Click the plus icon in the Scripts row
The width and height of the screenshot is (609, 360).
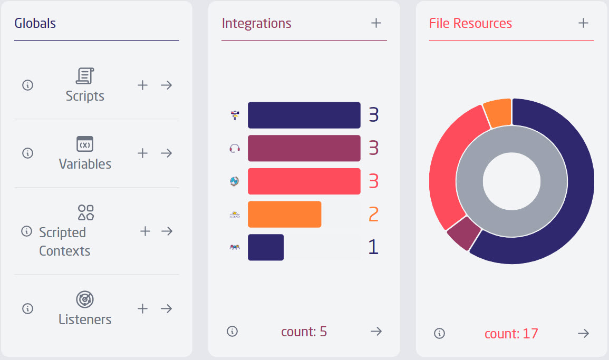click(x=142, y=85)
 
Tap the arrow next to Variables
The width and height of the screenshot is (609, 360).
click(x=167, y=153)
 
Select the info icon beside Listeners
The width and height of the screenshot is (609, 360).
click(x=28, y=308)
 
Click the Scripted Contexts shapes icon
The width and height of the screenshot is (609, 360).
click(x=85, y=212)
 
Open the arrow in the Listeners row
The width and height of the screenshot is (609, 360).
click(x=167, y=308)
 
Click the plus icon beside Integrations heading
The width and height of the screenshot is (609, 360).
click(x=376, y=23)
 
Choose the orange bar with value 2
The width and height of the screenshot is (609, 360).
click(x=284, y=214)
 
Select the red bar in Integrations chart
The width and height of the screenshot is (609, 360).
click(x=304, y=181)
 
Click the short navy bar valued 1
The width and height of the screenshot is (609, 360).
click(x=266, y=247)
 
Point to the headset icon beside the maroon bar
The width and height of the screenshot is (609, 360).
click(x=235, y=148)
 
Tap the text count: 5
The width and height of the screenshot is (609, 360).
click(x=304, y=332)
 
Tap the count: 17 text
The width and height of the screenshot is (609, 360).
click(x=511, y=334)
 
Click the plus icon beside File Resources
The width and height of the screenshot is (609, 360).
click(x=583, y=23)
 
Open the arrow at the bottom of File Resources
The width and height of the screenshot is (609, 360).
click(x=583, y=333)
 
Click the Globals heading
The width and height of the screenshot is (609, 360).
click(x=35, y=23)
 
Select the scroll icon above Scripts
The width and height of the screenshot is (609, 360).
click(x=85, y=76)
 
